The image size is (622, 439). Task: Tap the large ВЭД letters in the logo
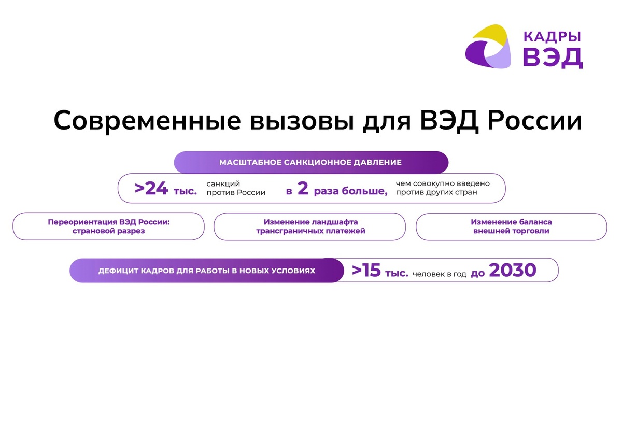pyautogui.click(x=553, y=58)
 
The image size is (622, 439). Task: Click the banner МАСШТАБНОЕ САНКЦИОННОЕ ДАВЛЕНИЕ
pyautogui.click(x=310, y=162)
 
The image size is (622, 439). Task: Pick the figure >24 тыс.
pyautogui.click(x=166, y=189)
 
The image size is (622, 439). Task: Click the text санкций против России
pyautogui.click(x=236, y=188)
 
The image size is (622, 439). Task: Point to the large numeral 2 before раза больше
pyautogui.click(x=303, y=189)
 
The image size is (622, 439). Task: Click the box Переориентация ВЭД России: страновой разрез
pyautogui.click(x=109, y=226)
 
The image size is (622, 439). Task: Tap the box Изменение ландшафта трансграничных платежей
pyautogui.click(x=310, y=226)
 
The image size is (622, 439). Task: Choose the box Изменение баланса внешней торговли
pyautogui.click(x=511, y=226)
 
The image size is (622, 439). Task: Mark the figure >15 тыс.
pyautogui.click(x=380, y=271)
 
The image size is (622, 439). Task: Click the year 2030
pyautogui.click(x=512, y=270)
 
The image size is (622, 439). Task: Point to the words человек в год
pyautogui.click(x=440, y=273)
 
